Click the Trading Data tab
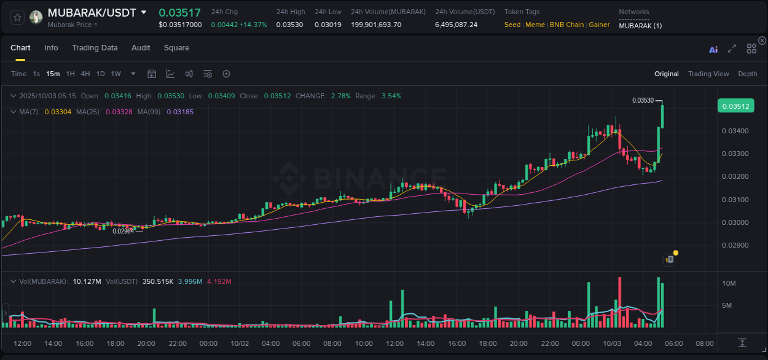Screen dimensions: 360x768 pos(95,48)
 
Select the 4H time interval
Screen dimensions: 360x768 pos(85,74)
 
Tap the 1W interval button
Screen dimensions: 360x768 pos(116,74)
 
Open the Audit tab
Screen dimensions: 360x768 pos(141,48)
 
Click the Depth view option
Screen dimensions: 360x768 pos(747,74)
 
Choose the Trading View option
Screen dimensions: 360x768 pos(708,74)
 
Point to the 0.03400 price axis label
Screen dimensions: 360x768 pos(735,131)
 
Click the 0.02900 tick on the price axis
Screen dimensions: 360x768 pos(735,245)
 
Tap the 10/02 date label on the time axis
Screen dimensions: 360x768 pos(240,343)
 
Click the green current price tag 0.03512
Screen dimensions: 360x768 pos(735,106)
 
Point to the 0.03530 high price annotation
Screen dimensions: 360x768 pos(643,100)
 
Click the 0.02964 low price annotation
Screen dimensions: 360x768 pos(123,231)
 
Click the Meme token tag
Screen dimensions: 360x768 pos(535,25)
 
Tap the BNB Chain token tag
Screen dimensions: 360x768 pos(566,25)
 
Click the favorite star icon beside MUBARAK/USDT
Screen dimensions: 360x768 pos(17,17)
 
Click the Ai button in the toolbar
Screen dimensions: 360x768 pos(713,50)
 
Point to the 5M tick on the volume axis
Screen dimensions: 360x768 pos(729,305)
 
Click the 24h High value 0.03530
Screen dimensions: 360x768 pos(289,25)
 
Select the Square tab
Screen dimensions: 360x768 pos(176,48)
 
